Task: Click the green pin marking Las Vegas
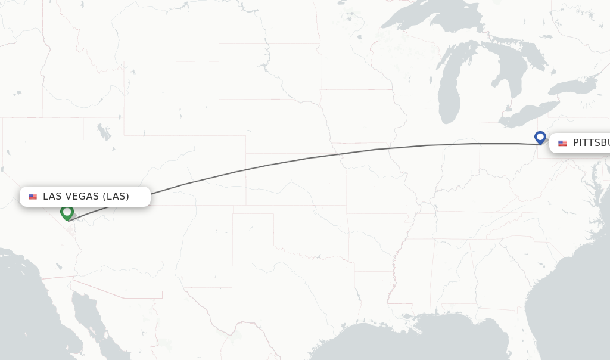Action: [x=67, y=212]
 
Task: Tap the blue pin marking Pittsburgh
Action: [x=540, y=137]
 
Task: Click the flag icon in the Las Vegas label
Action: [x=33, y=197]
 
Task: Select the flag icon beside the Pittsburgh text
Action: [x=562, y=144]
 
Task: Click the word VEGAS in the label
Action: [x=80, y=197]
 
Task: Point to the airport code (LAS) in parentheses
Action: [x=116, y=197]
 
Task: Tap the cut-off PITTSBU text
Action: [x=591, y=143]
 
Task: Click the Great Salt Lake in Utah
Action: [x=105, y=132]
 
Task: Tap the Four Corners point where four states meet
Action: [x=151, y=206]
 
